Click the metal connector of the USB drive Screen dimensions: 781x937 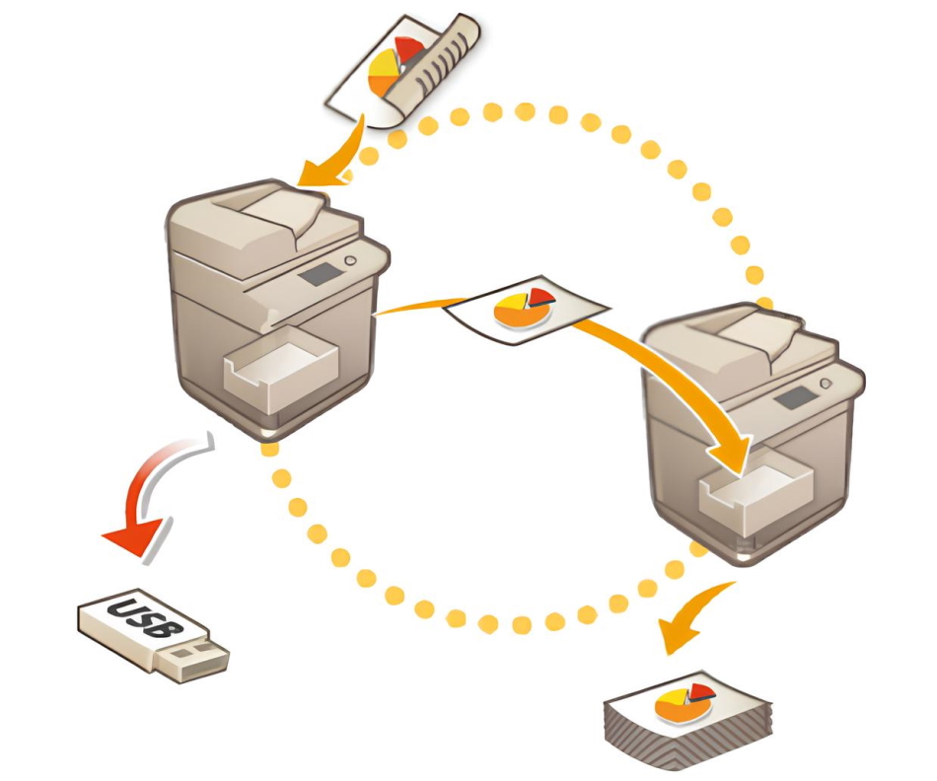click(202, 660)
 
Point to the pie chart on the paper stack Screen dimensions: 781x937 click(686, 702)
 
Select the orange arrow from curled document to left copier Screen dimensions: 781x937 click(335, 158)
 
